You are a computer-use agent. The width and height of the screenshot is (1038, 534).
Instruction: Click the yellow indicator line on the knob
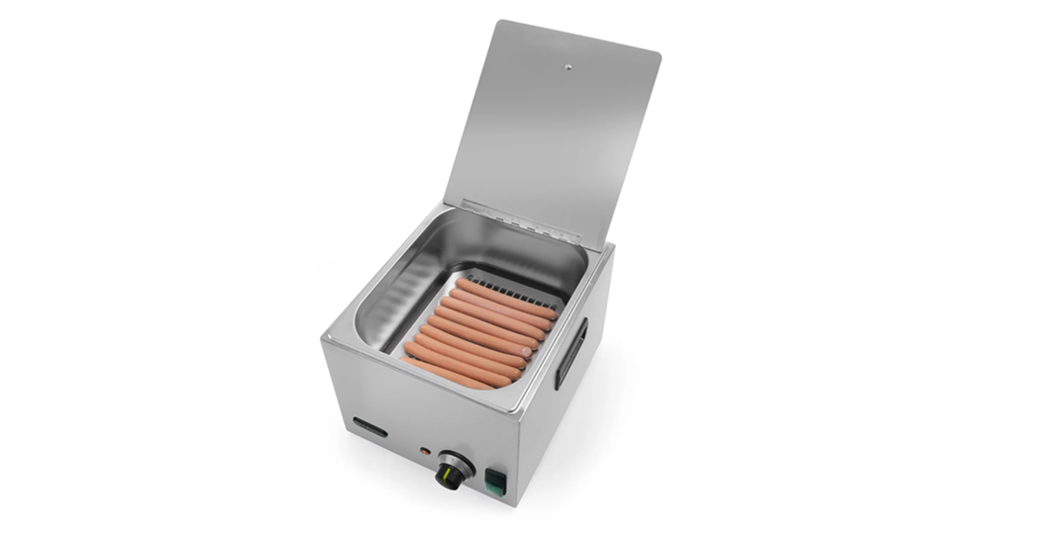pos(452,478)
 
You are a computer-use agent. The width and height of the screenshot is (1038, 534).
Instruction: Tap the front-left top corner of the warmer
pos(323,340)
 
